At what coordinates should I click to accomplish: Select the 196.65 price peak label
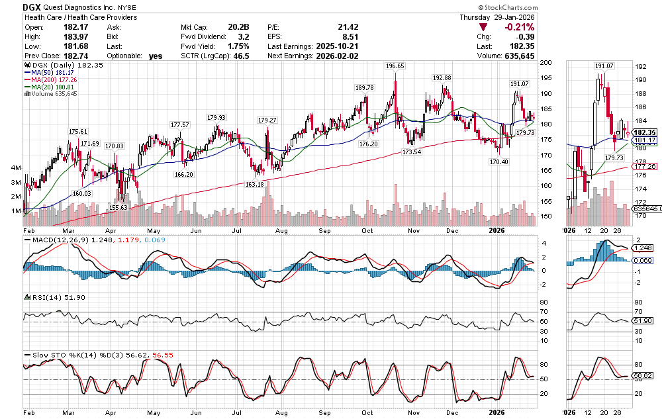pos(395,66)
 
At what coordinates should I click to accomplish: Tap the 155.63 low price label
pos(118,207)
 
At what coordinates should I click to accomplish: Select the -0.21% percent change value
pos(519,27)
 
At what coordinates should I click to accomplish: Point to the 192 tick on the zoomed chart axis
pos(641,67)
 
